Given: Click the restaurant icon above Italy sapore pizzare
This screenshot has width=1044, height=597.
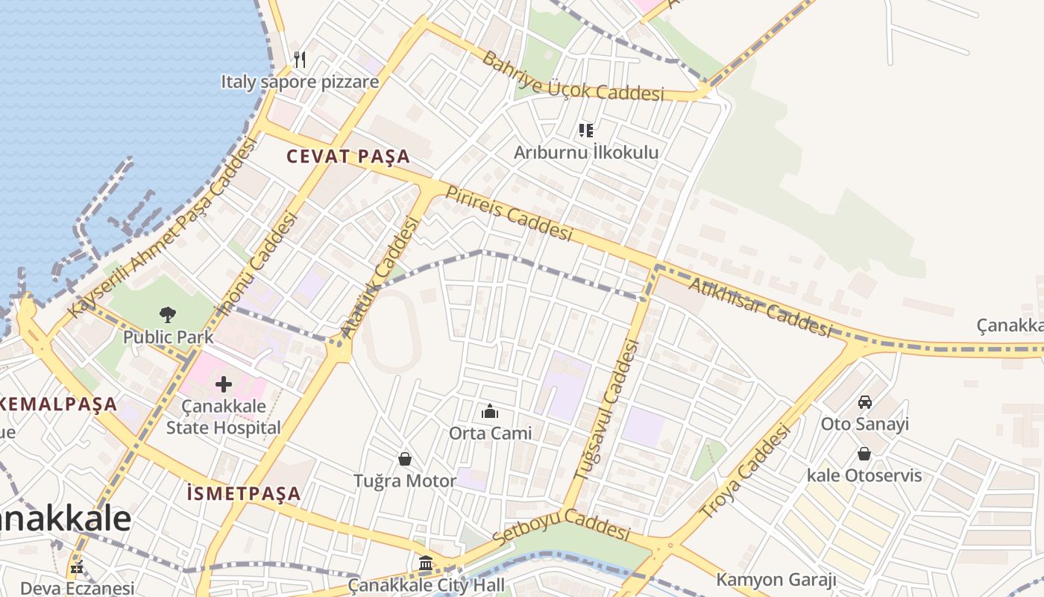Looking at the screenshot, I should point(300,59).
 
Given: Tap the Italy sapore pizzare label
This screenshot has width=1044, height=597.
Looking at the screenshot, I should point(300,81).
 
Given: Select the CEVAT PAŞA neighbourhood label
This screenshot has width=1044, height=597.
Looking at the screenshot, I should point(349,157).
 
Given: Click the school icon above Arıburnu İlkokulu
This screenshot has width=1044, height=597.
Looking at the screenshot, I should point(586,131).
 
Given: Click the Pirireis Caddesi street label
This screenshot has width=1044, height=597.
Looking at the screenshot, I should point(509,213).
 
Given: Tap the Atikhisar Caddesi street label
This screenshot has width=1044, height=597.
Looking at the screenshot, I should point(759,307).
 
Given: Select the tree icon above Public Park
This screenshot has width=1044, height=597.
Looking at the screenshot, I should point(168,315).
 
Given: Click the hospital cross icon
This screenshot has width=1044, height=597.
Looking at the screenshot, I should point(223,384).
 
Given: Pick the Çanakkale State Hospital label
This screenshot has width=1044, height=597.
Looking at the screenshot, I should point(223,417).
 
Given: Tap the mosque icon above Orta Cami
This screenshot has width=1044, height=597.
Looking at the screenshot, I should point(490,411).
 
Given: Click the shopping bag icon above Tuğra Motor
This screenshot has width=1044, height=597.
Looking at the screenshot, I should point(405,458).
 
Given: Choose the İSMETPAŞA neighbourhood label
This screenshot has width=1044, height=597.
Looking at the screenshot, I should point(244,493).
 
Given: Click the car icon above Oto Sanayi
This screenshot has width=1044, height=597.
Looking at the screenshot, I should point(865,402).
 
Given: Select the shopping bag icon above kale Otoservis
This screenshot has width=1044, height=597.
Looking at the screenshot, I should point(864,454).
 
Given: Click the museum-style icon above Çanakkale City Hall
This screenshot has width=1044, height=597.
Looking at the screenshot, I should point(426,563).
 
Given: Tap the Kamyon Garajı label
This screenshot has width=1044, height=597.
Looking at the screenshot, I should point(776,580).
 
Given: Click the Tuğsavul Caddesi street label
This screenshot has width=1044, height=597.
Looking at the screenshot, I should point(607,410).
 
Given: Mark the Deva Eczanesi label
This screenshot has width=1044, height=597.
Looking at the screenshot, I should point(78,588).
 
